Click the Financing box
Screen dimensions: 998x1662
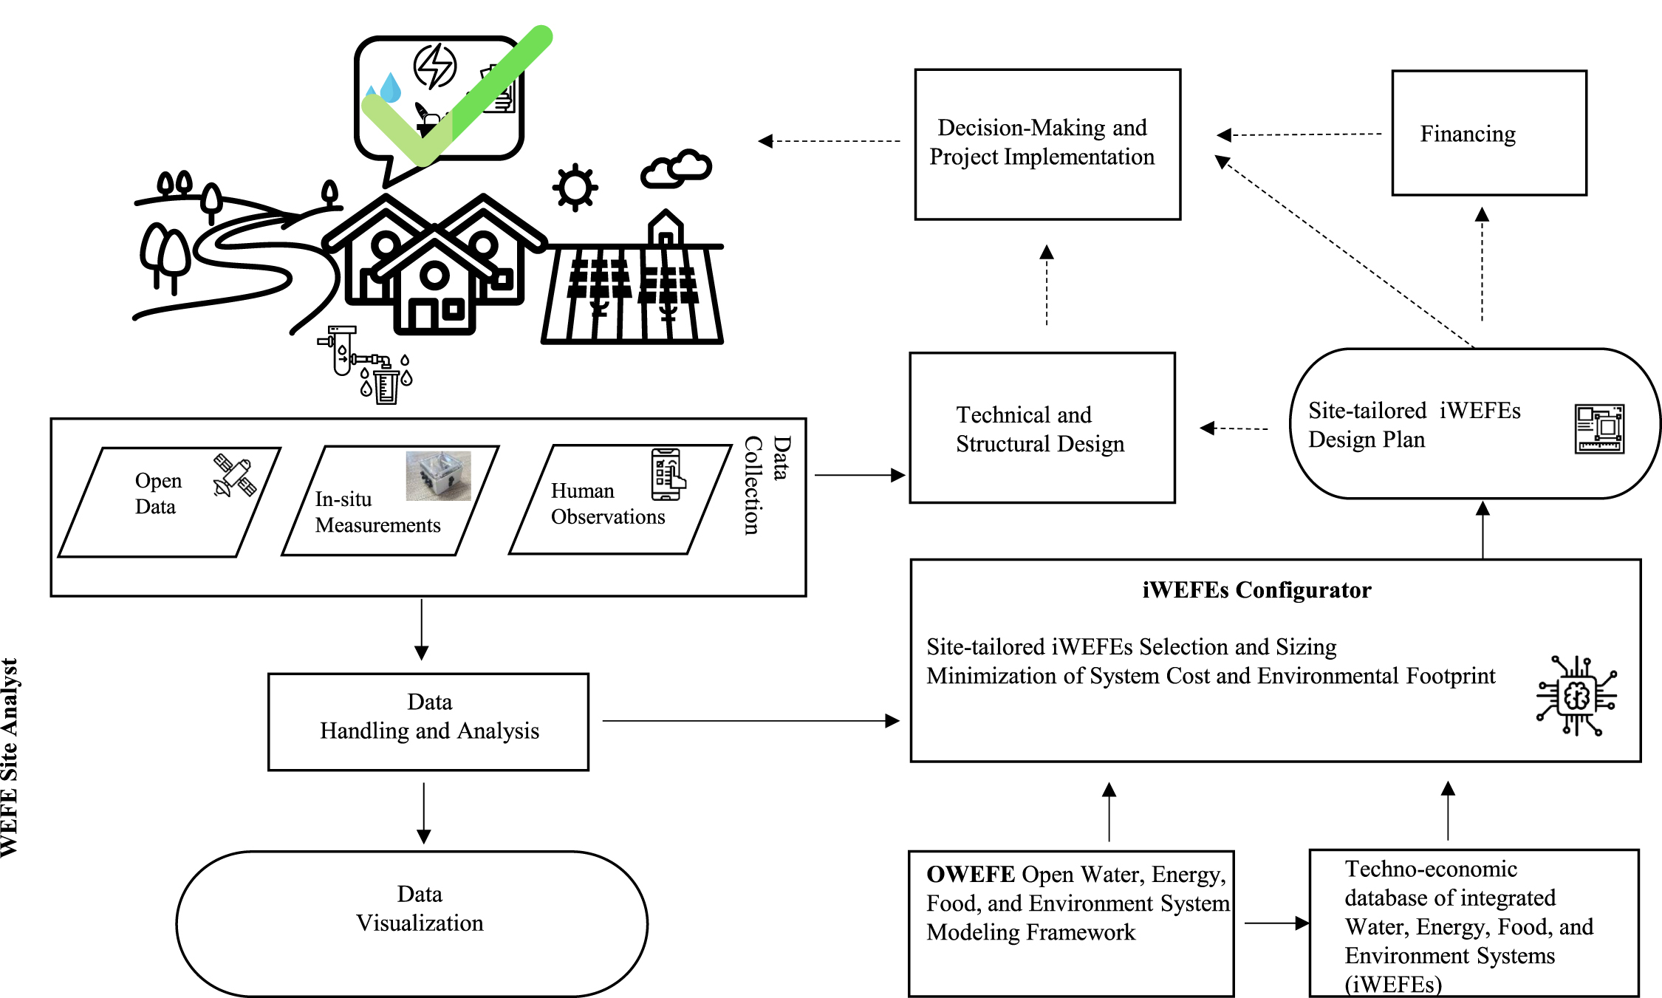[x=1488, y=133]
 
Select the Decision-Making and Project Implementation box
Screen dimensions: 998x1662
[x=1047, y=144]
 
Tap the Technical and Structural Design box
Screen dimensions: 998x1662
[x=1042, y=428]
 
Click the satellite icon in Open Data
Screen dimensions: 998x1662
[x=234, y=476]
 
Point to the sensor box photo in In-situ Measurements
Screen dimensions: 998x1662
[x=438, y=476]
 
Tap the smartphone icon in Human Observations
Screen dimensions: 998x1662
[x=667, y=474]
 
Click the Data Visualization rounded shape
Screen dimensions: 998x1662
[x=411, y=923]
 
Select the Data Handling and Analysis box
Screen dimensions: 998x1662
[x=428, y=722]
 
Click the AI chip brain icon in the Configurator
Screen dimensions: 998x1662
[x=1576, y=696]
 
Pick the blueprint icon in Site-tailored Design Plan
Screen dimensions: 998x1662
[x=1598, y=428]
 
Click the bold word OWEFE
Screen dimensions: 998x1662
[x=971, y=874]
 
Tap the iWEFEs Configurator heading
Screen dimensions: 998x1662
[x=1256, y=589]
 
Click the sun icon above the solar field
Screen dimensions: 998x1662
[x=575, y=187]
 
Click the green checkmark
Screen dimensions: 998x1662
[x=458, y=96]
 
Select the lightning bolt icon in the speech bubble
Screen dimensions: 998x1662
[x=435, y=66]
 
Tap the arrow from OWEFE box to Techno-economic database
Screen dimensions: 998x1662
[x=1276, y=923]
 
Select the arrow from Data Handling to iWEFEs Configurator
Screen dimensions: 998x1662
[x=750, y=720]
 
